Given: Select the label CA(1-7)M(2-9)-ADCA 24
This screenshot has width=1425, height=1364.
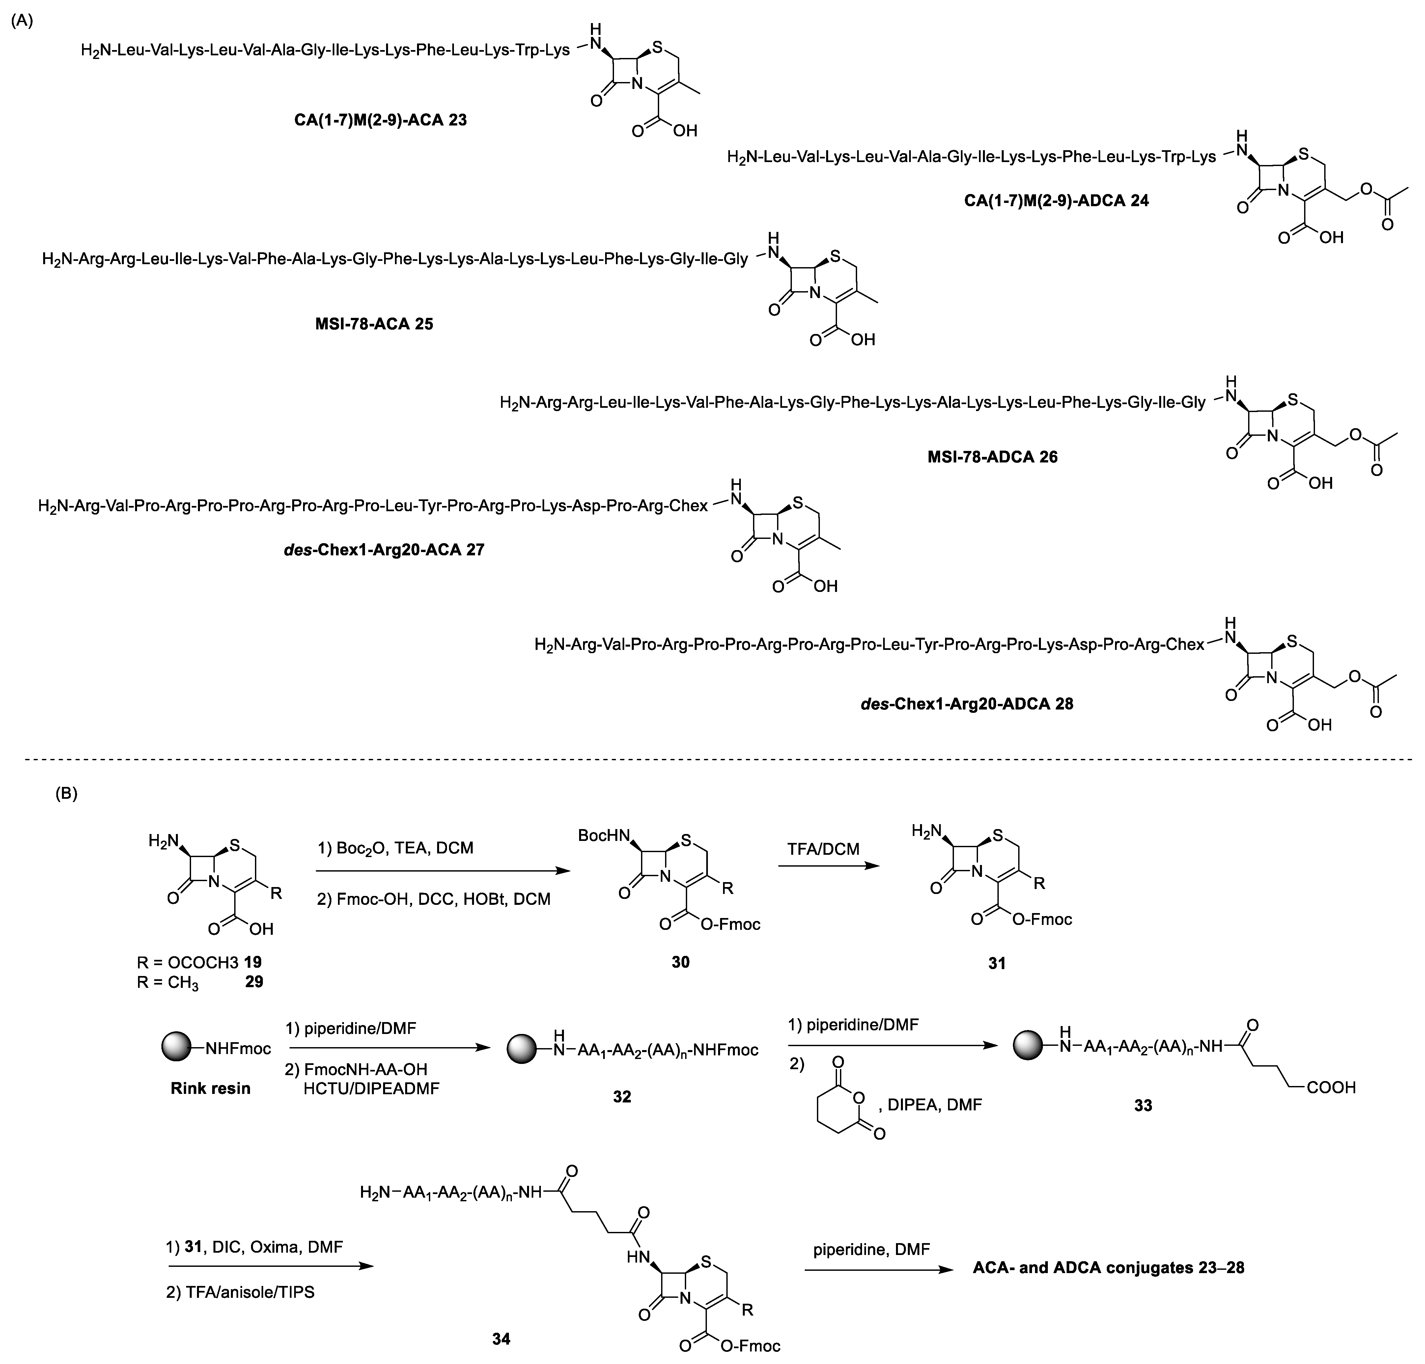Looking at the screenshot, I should click(1056, 201).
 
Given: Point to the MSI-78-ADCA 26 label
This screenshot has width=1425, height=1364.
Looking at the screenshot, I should click(992, 457).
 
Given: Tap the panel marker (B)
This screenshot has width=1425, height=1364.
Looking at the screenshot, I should click(66, 794).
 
